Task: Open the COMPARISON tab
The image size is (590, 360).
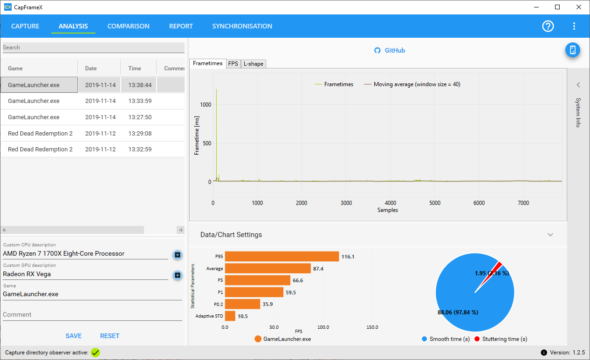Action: click(128, 26)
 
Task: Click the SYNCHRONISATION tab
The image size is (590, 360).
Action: click(242, 26)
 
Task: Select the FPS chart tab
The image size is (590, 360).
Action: click(233, 64)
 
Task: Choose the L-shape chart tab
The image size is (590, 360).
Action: click(254, 64)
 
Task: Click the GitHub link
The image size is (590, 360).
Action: click(390, 50)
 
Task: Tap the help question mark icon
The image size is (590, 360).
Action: click(548, 26)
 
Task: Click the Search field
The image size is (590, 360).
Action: click(94, 48)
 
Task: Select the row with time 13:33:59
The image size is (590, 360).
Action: click(92, 101)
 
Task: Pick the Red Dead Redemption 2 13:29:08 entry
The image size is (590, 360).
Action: click(92, 133)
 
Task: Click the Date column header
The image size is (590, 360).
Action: click(91, 68)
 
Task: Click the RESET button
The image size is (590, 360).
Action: click(110, 336)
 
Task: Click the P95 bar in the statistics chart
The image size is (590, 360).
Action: click(282, 257)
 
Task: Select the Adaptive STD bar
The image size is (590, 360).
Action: click(230, 316)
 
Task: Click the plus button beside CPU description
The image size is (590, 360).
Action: click(178, 255)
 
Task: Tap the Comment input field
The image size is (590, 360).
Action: click(92, 315)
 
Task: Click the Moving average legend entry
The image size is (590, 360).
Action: click(412, 84)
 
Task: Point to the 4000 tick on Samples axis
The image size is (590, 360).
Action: click(391, 203)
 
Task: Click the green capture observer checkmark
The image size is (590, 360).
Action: click(96, 353)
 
